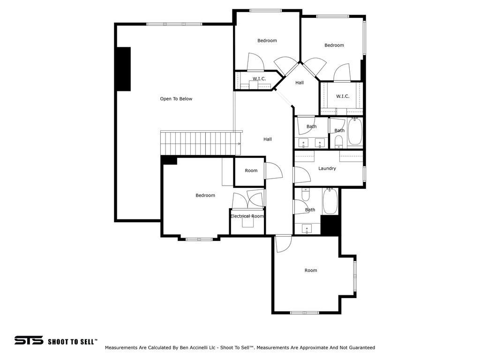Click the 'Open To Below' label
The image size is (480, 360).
(x=176, y=99)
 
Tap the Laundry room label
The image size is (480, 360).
(x=327, y=168)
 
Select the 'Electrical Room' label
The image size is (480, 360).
(x=247, y=216)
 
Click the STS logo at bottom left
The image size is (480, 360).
(x=29, y=340)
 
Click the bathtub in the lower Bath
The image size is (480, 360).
(x=330, y=201)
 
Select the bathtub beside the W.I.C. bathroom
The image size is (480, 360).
(x=355, y=132)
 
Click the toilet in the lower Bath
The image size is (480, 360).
(x=306, y=194)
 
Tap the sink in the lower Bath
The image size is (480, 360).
(x=307, y=229)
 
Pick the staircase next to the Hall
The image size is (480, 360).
(x=201, y=143)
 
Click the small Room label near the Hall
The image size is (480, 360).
(x=251, y=171)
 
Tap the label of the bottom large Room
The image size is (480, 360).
(x=311, y=270)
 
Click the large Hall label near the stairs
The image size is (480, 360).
(x=268, y=139)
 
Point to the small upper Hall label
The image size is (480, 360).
(x=300, y=82)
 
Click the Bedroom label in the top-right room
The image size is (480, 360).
(x=334, y=45)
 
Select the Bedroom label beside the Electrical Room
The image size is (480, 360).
(x=205, y=195)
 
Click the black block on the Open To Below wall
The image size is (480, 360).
(x=124, y=69)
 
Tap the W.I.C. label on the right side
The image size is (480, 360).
(x=343, y=96)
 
